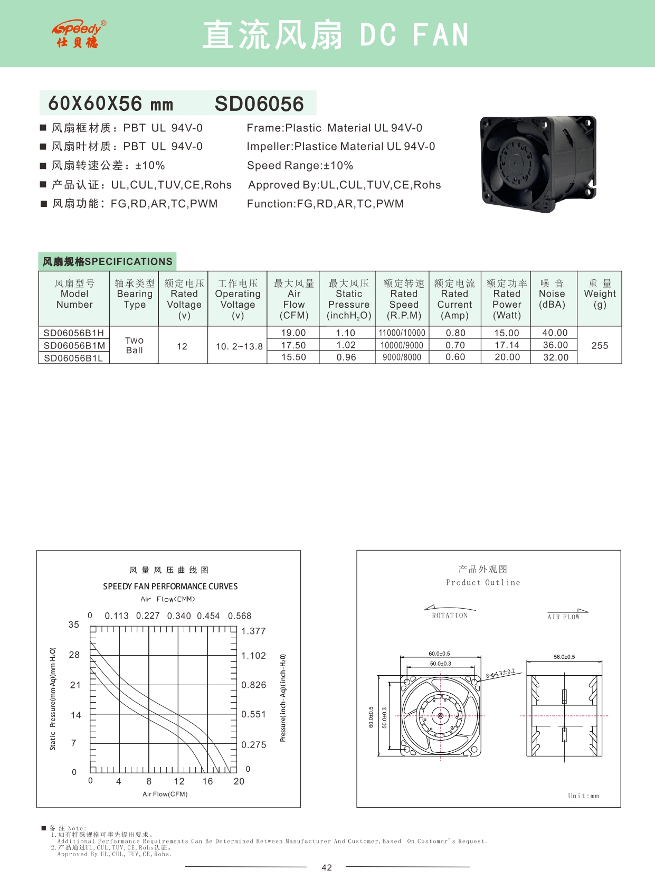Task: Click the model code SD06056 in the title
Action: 259,104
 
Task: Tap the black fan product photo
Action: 538,164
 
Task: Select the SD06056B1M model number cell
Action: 74,346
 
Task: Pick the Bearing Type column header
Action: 135,294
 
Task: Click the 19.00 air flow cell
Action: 293,333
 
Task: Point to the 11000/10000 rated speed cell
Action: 402,333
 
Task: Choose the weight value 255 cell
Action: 600,346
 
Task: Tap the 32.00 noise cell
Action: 556,357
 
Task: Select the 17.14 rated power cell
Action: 507,345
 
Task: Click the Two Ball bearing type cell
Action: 134,345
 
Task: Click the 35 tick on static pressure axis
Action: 74,625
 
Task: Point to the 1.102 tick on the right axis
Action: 253,656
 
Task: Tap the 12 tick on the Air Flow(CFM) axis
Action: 179,781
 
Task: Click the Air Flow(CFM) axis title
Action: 165,794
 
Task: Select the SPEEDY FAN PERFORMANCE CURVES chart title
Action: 170,587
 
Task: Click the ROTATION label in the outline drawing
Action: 450,616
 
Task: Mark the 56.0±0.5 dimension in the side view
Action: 564,657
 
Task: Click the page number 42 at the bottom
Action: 327,867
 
